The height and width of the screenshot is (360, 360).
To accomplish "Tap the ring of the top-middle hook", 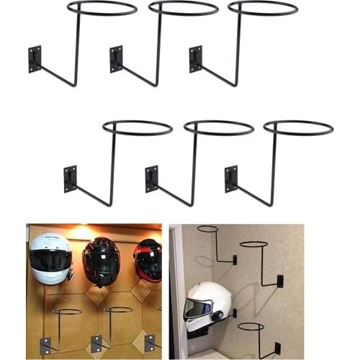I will [x=183, y=8].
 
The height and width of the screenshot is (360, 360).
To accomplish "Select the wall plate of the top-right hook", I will [x=195, y=59].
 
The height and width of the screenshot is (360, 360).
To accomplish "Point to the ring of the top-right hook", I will [x=263, y=8].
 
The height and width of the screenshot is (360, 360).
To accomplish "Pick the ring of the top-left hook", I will [x=102, y=8].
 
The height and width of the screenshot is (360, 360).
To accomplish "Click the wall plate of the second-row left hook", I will [x=70, y=179].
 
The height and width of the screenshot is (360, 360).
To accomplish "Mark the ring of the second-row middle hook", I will [x=219, y=127].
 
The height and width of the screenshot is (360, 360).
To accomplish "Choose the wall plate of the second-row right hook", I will [x=230, y=179].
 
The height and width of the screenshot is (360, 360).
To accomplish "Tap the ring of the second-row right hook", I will [x=298, y=127].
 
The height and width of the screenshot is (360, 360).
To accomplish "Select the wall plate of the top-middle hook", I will [x=116, y=59].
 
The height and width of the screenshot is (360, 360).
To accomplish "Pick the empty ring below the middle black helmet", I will [x=117, y=310].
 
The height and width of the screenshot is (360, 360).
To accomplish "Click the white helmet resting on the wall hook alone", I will [x=208, y=306].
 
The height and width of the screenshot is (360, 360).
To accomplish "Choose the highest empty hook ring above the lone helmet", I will [x=207, y=230].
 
